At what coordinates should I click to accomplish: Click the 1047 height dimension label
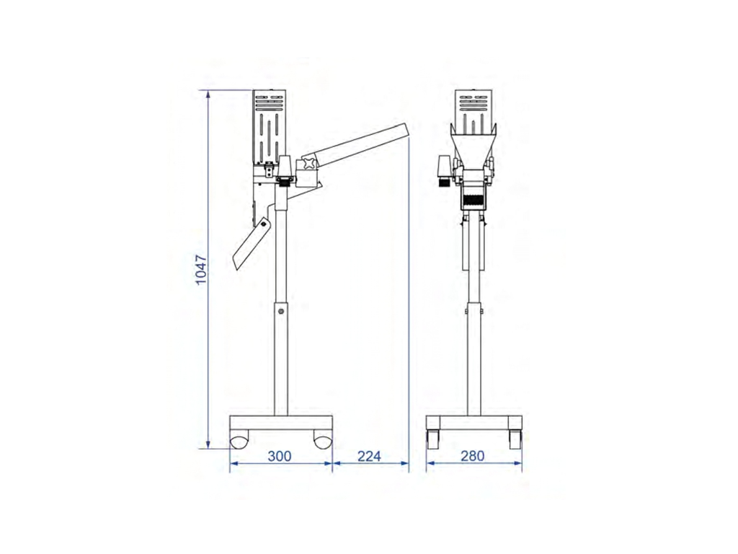pos(201,270)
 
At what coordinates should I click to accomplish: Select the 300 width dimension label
pos(280,456)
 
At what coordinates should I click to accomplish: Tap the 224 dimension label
pos(369,456)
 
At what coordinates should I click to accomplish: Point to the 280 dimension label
pos(472,456)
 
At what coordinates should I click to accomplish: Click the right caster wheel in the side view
pos(323,442)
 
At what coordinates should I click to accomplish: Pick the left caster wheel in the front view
pos(432,439)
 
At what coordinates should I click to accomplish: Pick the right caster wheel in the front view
pos(515,439)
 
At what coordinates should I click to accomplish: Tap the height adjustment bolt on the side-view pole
pos(281,312)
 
